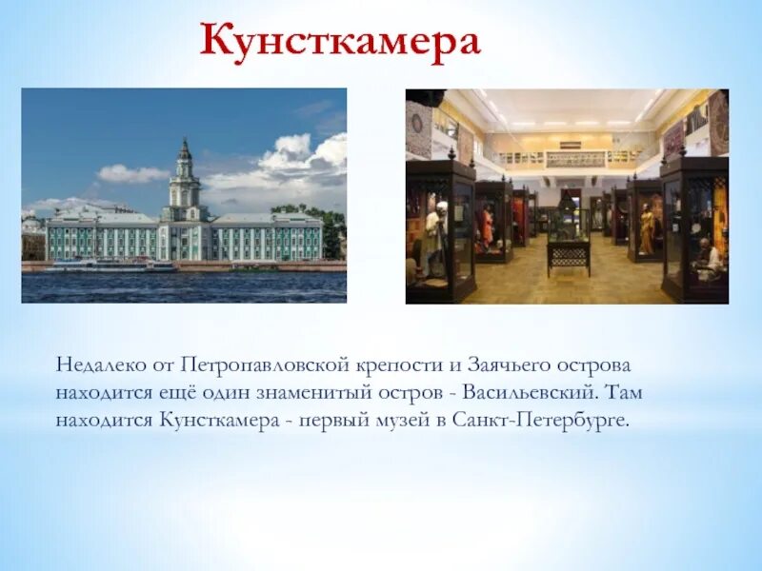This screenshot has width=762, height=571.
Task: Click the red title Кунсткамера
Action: pos(340,44)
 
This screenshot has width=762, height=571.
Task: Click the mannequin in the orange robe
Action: pos(487,228)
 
